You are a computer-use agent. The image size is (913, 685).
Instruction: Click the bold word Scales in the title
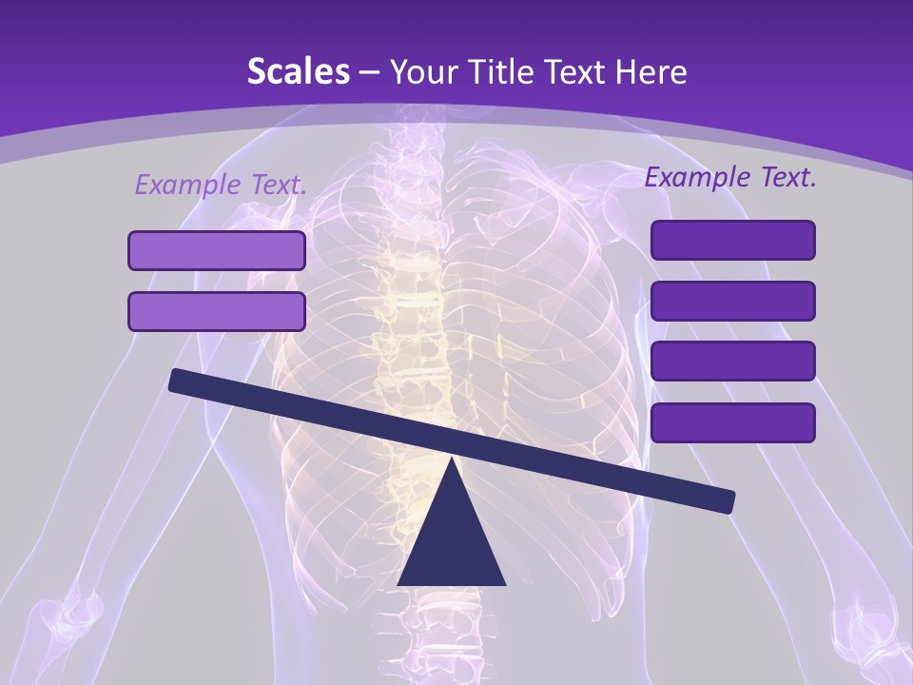[x=298, y=71]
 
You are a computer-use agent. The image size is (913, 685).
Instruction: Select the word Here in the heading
[x=651, y=71]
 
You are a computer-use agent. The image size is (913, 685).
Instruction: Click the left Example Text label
[x=221, y=185]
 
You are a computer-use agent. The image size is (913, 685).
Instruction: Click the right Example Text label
[x=730, y=177]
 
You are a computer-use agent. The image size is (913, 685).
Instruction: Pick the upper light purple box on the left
[x=217, y=250]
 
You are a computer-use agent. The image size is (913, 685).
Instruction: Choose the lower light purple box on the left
[x=217, y=311]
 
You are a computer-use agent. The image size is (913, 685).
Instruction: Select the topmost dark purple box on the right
[x=732, y=240]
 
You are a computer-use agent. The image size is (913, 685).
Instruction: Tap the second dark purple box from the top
[x=732, y=301]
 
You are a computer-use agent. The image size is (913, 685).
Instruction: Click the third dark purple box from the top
[x=732, y=362]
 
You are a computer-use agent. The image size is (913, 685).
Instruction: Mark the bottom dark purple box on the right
[x=732, y=422]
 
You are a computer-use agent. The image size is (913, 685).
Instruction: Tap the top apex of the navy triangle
[x=452, y=461]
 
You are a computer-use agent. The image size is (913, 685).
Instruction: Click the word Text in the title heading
[x=580, y=71]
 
